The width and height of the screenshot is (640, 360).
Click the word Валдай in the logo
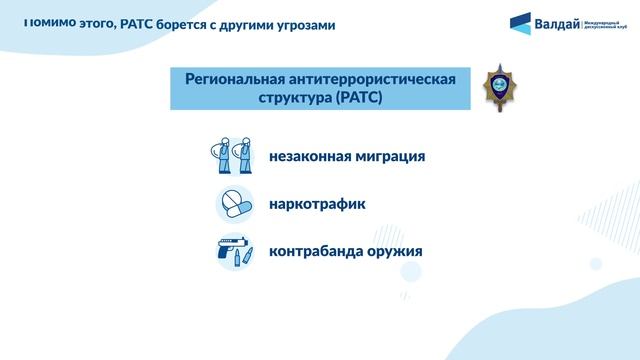click(555, 24)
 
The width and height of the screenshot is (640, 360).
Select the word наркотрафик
click(317, 204)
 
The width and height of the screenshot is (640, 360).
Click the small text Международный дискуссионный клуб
click(606, 26)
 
